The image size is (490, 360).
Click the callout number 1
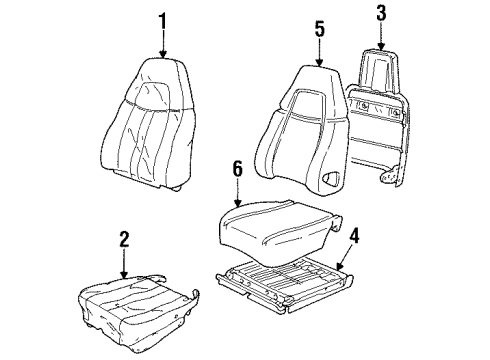(162, 21)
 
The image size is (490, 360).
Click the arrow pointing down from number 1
(162, 44)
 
